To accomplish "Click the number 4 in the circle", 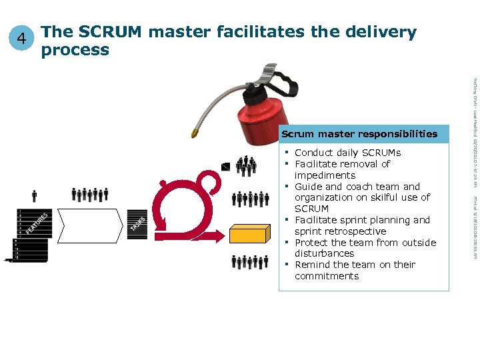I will point(23,39).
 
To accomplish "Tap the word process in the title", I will point(75,50).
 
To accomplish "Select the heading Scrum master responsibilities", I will point(359,134).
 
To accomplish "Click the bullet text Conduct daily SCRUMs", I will point(347,153).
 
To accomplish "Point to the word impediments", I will point(325,175).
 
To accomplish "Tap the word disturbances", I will point(324,253).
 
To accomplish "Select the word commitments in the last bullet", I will point(326,276).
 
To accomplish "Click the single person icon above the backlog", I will point(35,195).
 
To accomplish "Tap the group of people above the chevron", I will point(90,195).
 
